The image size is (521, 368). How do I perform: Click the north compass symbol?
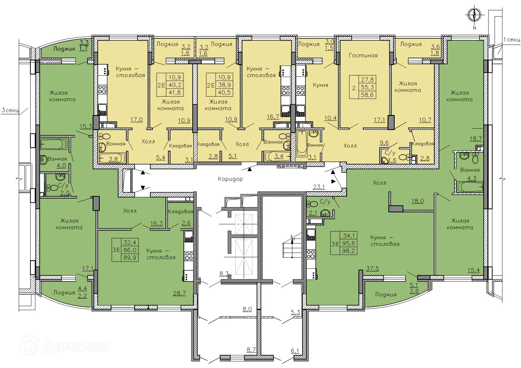(x=474, y=15)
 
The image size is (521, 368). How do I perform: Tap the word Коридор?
(x=230, y=179)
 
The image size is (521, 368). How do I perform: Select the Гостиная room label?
(x=363, y=55)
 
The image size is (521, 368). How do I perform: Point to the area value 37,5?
(x=372, y=268)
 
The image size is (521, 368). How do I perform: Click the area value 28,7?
(x=179, y=293)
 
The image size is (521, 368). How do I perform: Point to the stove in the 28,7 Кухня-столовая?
(x=188, y=255)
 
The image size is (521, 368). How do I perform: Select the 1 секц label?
(x=511, y=40)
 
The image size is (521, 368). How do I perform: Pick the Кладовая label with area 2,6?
(x=180, y=212)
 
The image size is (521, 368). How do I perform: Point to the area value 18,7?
(x=475, y=139)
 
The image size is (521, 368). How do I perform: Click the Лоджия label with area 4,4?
(x=64, y=292)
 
